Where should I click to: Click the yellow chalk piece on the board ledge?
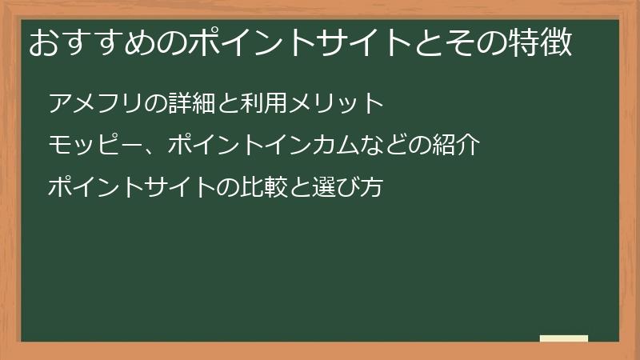[x=564, y=338]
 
